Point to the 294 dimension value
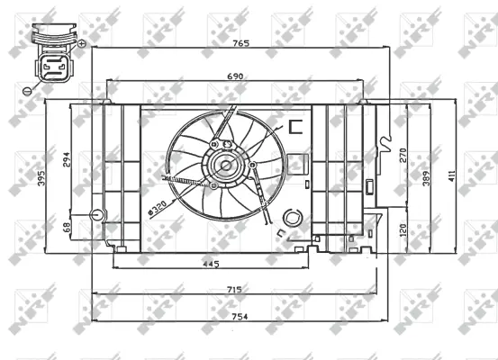tap(66, 159)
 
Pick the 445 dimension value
tap(209, 264)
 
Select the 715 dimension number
tap(233, 289)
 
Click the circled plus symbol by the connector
tap(82, 43)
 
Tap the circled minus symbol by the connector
tap(27, 90)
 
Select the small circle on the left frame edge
tap(98, 215)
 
